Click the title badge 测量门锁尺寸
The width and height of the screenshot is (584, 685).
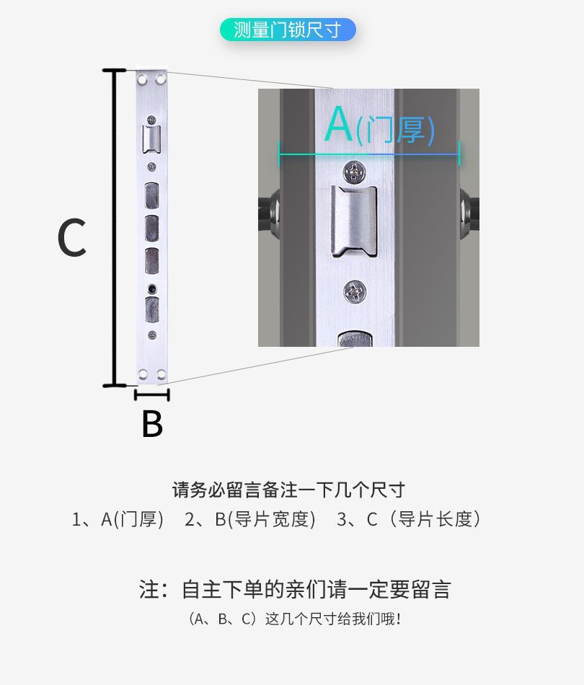pyautogui.click(x=288, y=30)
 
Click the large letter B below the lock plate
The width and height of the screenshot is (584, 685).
pyautogui.click(x=152, y=425)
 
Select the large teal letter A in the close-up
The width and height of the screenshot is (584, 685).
pyautogui.click(x=338, y=125)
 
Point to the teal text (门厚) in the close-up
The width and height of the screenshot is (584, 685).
pyautogui.click(x=396, y=131)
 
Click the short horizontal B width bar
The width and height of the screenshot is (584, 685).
pyautogui.click(x=152, y=394)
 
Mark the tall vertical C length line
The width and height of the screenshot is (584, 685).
pyautogui.click(x=114, y=227)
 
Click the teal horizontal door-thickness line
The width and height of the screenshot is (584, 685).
pyautogui.click(x=368, y=154)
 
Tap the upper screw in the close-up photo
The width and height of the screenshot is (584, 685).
pyautogui.click(x=354, y=172)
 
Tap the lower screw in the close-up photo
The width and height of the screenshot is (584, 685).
pyautogui.click(x=354, y=292)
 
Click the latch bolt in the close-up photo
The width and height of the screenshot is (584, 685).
pyautogui.click(x=353, y=220)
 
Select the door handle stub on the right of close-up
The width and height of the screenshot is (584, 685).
pyautogui.click(x=469, y=209)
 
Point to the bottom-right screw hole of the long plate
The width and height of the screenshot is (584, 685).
pyautogui.click(x=162, y=374)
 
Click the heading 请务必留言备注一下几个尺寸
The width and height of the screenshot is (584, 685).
pyautogui.click(x=288, y=490)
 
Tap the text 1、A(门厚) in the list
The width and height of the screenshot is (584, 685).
pyautogui.click(x=119, y=519)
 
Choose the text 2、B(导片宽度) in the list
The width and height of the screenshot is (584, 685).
pyautogui.click(x=250, y=519)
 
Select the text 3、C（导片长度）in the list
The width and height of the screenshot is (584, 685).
pyautogui.click(x=409, y=519)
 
